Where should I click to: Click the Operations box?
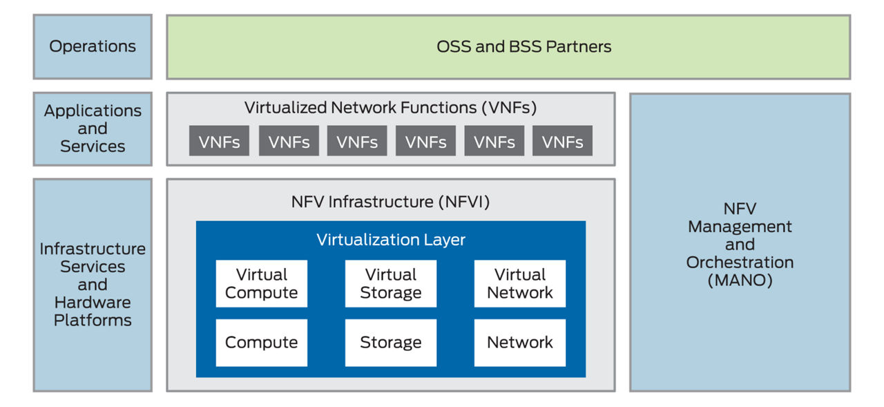click(93, 47)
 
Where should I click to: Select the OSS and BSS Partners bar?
click(508, 47)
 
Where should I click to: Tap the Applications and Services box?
click(93, 129)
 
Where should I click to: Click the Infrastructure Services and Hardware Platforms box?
click(93, 284)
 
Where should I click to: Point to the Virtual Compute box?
click(261, 283)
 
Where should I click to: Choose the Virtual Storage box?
click(390, 283)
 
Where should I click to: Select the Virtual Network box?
click(519, 283)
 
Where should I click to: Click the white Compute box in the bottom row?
click(261, 342)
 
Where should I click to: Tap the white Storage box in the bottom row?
click(390, 342)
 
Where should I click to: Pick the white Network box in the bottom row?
click(519, 342)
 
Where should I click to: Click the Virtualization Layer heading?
click(391, 240)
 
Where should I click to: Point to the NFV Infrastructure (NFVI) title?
click(390, 202)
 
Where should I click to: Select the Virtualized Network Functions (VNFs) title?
click(390, 108)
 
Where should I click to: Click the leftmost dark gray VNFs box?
click(219, 142)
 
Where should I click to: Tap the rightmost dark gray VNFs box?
click(562, 142)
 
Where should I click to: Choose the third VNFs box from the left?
click(356, 142)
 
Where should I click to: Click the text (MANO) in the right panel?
click(740, 281)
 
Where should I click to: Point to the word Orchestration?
click(740, 263)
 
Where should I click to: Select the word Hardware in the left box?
click(93, 302)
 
